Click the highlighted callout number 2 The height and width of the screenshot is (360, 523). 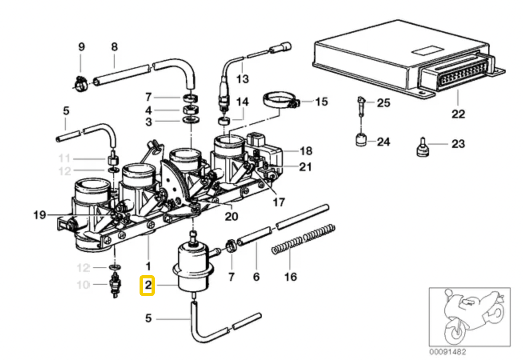(147, 286)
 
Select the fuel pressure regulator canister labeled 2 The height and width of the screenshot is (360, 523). (193, 266)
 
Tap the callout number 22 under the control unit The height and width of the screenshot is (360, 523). (458, 114)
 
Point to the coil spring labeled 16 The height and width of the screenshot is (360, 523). (303, 240)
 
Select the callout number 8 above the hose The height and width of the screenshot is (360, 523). (114, 47)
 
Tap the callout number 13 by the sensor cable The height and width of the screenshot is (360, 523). (242, 78)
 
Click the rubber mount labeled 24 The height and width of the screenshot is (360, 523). (361, 141)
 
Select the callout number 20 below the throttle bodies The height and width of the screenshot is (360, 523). (231, 216)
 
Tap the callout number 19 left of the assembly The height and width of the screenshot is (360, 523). (39, 216)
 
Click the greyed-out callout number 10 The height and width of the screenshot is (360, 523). (83, 285)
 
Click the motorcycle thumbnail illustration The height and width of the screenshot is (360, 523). (469, 316)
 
